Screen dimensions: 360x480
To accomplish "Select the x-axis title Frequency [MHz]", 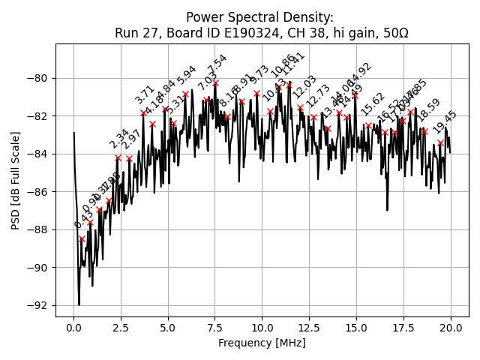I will point(262,343).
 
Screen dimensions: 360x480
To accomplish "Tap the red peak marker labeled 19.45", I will point(440,142).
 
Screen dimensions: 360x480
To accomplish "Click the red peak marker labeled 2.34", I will point(118,157).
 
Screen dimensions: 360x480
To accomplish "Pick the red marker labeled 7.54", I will point(215,83).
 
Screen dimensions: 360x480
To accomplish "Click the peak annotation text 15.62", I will point(373,104).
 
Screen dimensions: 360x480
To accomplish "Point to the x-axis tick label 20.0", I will point(451,328).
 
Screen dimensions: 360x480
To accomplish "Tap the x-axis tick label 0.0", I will point(73,328).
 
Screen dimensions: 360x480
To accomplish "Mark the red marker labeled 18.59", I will point(424,131).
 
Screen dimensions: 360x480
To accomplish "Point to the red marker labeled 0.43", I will point(82,238).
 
